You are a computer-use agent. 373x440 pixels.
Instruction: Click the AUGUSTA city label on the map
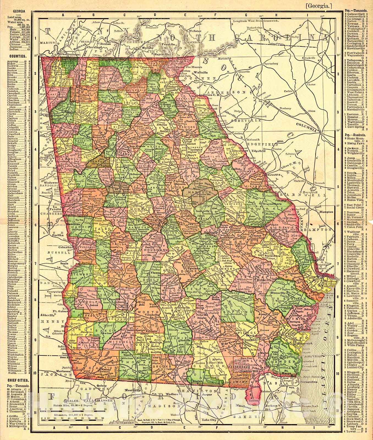click(272, 175)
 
